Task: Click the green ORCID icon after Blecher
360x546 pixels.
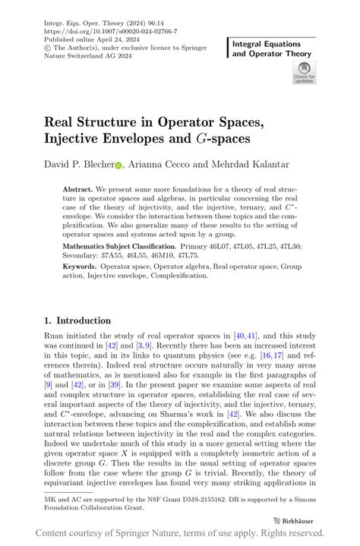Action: point(118,165)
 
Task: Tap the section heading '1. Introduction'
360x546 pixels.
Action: point(77,320)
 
